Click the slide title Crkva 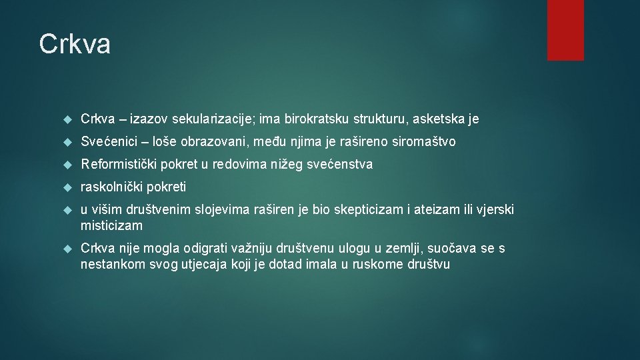pyautogui.click(x=75, y=45)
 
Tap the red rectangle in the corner pyautogui.click(x=565, y=30)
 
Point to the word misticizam pyautogui.click(x=111, y=225)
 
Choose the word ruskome pyautogui.click(x=373, y=264)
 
